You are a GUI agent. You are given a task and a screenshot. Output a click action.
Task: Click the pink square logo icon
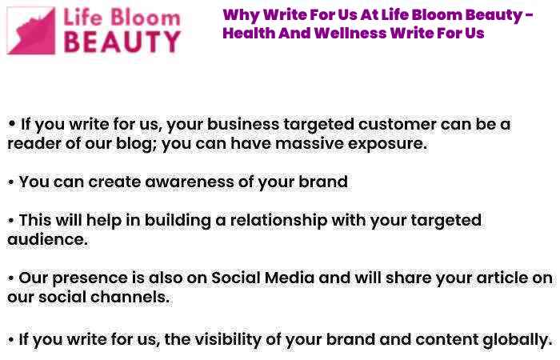(x=31, y=30)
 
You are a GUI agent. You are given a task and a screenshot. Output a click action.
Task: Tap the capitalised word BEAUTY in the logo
(x=122, y=42)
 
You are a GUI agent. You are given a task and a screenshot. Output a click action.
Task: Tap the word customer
(x=397, y=125)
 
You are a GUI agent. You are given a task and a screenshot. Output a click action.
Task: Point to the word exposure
(x=387, y=144)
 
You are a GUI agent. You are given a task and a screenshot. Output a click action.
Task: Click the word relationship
(x=278, y=221)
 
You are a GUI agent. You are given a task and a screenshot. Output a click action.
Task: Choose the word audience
(x=47, y=240)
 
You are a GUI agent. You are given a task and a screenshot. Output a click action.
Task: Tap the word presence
(x=90, y=279)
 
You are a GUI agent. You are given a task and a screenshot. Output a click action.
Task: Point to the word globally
(x=517, y=340)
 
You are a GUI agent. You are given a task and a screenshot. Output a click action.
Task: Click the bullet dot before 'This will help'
(x=11, y=221)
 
